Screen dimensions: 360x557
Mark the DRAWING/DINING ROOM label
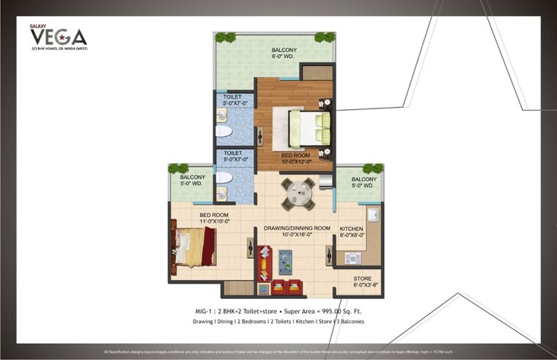click(297, 231)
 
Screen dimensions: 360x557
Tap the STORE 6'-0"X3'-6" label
click(364, 282)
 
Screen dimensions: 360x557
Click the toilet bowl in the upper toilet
click(223, 131)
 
